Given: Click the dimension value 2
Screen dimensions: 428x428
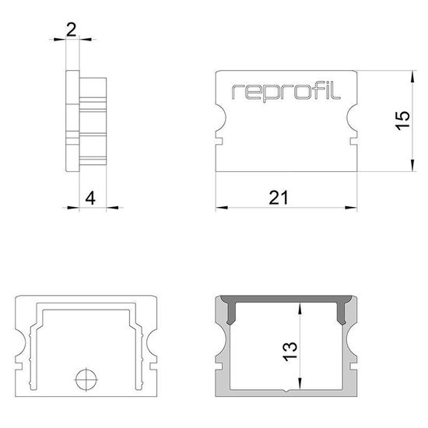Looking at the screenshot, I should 72,30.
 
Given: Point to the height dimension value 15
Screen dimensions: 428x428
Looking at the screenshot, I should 401,121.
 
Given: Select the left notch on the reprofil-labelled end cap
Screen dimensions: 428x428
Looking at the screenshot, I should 219,121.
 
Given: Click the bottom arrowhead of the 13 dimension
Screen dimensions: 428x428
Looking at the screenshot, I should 297,388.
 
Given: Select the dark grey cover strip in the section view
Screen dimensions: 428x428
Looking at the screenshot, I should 285,300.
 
